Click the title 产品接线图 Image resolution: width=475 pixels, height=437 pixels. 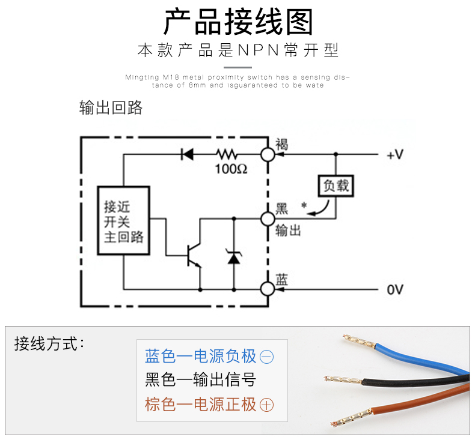tap(238, 23)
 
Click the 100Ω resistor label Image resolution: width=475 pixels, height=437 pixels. tap(231, 169)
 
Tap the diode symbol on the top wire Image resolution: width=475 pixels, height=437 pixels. tap(187, 154)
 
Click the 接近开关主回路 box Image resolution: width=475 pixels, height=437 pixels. tap(124, 222)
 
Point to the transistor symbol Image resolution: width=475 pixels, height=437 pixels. tap(194, 255)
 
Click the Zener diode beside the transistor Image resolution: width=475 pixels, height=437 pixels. tap(233, 257)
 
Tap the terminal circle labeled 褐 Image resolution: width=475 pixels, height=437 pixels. tap(268, 154)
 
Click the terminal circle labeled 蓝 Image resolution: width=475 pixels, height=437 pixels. tap(268, 289)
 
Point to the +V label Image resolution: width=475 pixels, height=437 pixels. tap(394, 155)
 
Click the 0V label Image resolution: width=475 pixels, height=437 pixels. tap(394, 290)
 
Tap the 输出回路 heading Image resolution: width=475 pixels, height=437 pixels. tap(111, 107)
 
